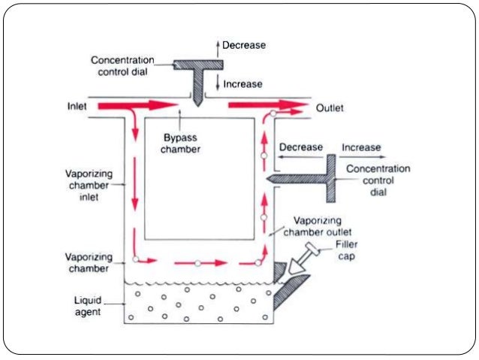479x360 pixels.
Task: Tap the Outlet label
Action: (329, 108)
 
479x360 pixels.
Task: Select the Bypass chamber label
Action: (180, 143)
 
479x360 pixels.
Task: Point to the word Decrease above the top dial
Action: (243, 46)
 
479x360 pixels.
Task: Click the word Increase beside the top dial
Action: (243, 84)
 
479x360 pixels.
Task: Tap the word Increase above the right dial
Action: (361, 147)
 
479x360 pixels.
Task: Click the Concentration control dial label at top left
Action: (122, 65)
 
